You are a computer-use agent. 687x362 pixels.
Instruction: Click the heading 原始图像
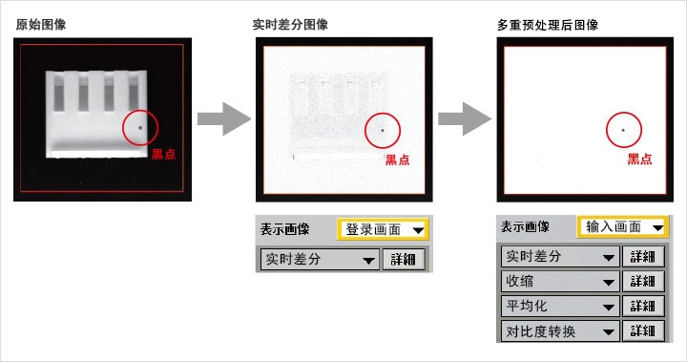(41, 25)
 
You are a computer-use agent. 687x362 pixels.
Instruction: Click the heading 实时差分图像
(290, 25)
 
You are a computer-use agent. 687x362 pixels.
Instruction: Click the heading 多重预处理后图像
(548, 25)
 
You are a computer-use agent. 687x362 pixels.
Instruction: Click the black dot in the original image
(140, 128)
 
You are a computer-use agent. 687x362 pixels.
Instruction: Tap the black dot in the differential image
(383, 130)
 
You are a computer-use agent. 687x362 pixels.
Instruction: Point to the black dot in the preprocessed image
(623, 130)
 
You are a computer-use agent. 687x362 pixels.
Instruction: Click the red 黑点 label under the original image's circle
(163, 154)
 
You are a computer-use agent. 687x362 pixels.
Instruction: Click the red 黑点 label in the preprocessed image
(639, 159)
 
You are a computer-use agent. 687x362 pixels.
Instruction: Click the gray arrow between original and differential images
(223, 118)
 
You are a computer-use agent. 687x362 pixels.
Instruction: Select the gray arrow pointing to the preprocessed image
(465, 118)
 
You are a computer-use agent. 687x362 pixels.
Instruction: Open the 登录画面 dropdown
(383, 229)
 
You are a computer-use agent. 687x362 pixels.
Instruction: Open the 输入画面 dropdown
(622, 227)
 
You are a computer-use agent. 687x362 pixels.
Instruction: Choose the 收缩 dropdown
(560, 281)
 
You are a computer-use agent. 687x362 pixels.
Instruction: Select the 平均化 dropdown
(560, 306)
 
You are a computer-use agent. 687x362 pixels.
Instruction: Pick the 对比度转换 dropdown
(560, 330)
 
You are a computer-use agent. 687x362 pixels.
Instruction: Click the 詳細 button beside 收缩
(643, 281)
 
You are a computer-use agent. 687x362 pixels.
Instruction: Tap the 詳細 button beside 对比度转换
(643, 330)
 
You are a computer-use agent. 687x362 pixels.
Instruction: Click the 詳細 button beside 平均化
(643, 306)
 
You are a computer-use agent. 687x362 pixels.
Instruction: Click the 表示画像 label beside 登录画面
(284, 229)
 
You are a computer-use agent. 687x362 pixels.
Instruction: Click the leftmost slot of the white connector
(58, 92)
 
